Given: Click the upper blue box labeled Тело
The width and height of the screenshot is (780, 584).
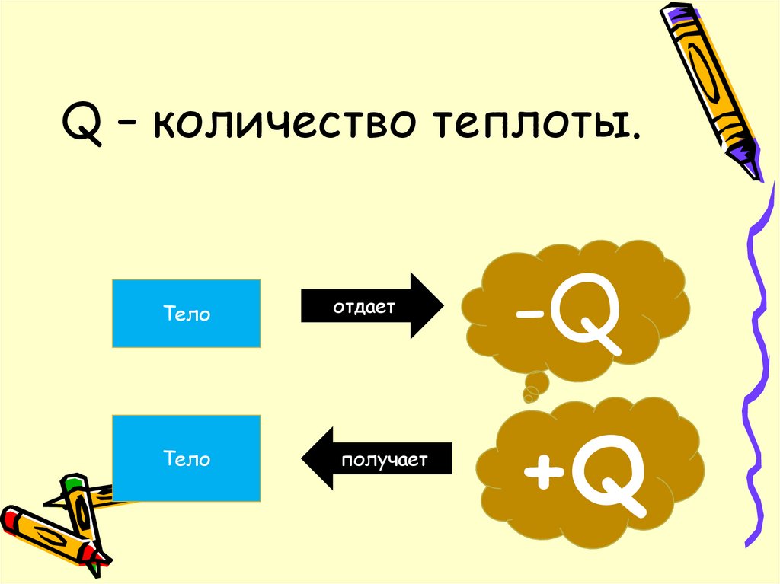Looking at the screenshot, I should pyautogui.click(x=187, y=313).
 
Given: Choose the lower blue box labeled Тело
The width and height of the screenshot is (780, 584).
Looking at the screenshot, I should pyautogui.click(x=187, y=458).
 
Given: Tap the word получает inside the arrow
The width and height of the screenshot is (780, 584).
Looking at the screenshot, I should pyautogui.click(x=385, y=460).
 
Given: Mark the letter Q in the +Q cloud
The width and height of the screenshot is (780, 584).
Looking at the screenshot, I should pyautogui.click(x=609, y=474).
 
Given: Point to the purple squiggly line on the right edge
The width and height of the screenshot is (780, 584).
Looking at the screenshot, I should pyautogui.click(x=757, y=343).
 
